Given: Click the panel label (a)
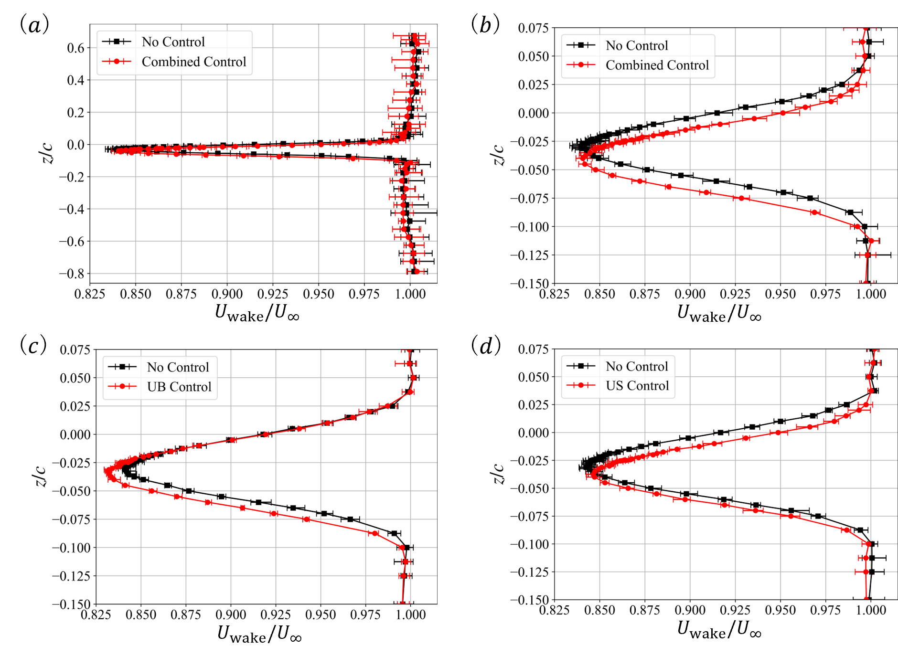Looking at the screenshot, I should pos(34,24).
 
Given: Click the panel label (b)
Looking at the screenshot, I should pos(485,24).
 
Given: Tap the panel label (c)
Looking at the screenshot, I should pos(33,345).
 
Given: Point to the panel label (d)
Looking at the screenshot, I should pos(485,345).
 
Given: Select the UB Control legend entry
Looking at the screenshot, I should pos(179,387).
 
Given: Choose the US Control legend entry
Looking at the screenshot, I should pos(637,386).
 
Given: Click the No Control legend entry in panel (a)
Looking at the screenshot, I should pos(173,42).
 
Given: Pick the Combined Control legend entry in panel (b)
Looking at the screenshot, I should pos(657,65).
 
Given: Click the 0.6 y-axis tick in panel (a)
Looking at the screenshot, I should pos(75,48).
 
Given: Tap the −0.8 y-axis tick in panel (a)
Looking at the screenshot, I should pos(72,274).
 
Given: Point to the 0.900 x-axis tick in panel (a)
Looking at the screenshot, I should pos(227,294).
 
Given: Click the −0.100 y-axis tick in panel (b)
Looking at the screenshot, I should pos(529,227).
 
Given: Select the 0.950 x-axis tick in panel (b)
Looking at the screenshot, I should pos(780,294).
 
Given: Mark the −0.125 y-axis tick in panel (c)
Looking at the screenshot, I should pos(71,576).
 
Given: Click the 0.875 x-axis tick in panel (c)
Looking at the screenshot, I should pos(186,614).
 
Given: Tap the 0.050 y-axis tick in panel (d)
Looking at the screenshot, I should pos(534,377).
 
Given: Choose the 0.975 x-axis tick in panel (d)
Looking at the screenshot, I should pos(825,610).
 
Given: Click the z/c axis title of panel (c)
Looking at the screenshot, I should pos(41,476).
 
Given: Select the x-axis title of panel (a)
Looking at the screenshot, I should pos(257,313).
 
